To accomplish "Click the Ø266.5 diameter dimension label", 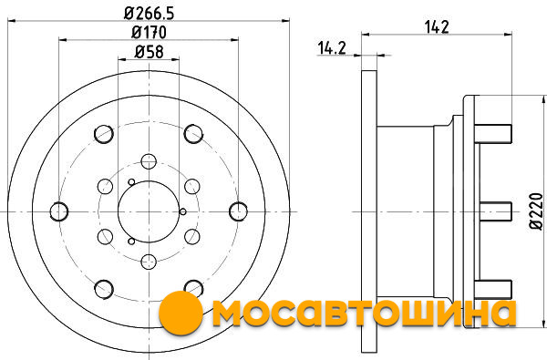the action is [149, 14].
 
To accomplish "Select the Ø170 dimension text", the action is [149, 33].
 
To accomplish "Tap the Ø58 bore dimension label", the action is [149, 52].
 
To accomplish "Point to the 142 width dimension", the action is [437, 26].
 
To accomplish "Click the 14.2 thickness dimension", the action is [332, 48].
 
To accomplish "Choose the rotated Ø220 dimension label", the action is [536, 211].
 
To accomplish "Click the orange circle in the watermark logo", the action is [181, 313].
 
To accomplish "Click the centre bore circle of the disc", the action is [149, 211].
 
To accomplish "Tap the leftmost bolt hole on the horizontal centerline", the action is [59, 211].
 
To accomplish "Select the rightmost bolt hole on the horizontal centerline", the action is [239, 211].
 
